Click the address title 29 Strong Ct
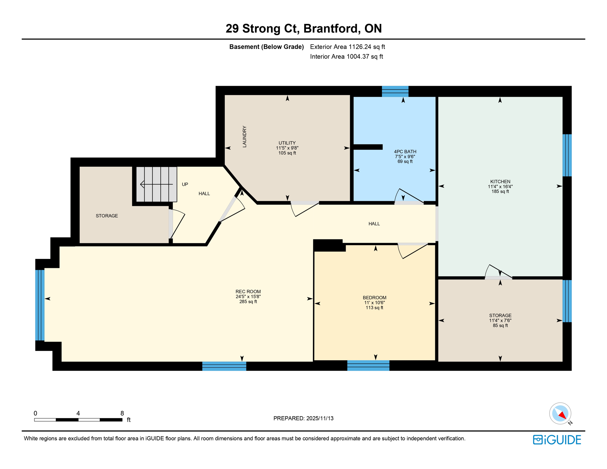[x=303, y=28]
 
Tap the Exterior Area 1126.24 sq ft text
[x=347, y=47]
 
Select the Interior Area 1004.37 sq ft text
[x=346, y=56]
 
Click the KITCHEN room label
[x=500, y=181]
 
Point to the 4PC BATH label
[x=405, y=151]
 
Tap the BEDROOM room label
[x=374, y=297]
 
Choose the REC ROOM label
[x=248, y=291]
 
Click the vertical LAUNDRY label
[x=244, y=136]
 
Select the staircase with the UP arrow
[x=156, y=184]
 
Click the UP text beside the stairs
[x=185, y=184]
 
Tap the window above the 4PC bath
[x=395, y=91]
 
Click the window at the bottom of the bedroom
[x=368, y=365]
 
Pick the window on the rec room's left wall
[x=40, y=305]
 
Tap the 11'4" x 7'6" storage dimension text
[x=500, y=320]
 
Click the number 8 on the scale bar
[x=122, y=413]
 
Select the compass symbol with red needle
[x=560, y=413]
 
